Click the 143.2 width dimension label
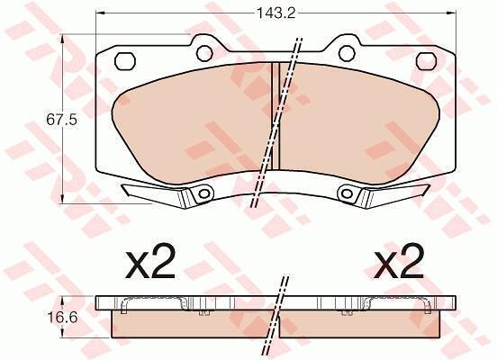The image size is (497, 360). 276,13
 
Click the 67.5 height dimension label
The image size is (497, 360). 62,120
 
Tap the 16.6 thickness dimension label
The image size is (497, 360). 62,317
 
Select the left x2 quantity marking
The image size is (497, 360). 150,261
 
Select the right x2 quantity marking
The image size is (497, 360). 399,261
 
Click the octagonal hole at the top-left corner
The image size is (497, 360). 125,61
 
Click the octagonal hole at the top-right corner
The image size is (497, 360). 426,61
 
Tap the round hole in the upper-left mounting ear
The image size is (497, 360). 204,53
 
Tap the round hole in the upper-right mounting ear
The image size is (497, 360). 347,53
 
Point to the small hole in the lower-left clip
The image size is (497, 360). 203,193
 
